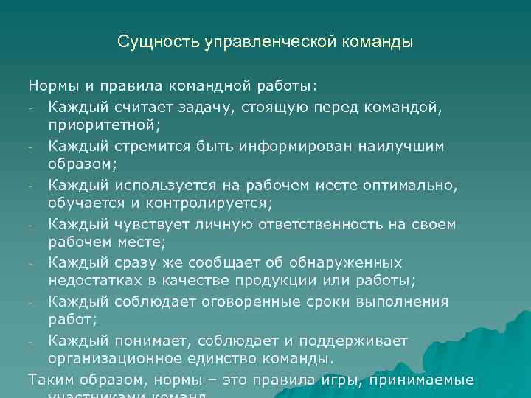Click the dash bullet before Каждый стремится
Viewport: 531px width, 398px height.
point(32,146)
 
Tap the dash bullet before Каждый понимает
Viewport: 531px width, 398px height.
point(32,341)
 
